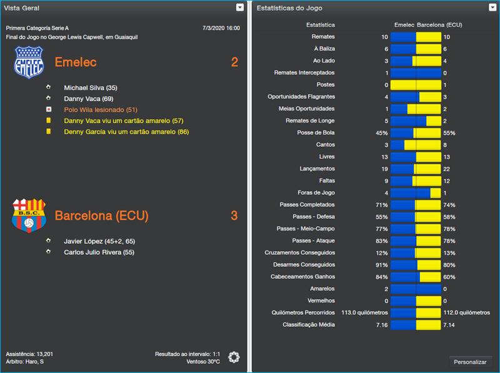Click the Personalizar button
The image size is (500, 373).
click(x=471, y=362)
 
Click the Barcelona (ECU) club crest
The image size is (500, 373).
click(x=29, y=216)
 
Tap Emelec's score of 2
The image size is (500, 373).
click(x=234, y=62)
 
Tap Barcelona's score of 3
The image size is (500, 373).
click(x=234, y=216)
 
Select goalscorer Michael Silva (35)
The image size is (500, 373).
click(x=90, y=88)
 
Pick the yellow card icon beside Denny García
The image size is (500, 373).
click(x=48, y=132)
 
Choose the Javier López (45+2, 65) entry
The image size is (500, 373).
click(x=99, y=241)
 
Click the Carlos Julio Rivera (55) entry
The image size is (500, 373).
click(x=99, y=252)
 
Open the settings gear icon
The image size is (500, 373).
click(x=234, y=357)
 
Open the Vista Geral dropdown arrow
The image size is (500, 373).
click(x=240, y=7)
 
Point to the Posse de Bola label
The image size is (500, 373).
click(x=316, y=133)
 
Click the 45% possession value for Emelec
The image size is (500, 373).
click(x=381, y=133)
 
